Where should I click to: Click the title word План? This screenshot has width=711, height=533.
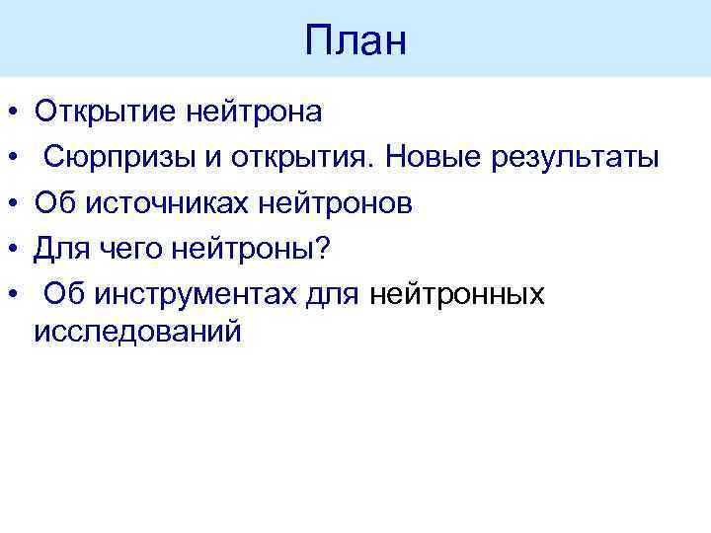point(355,41)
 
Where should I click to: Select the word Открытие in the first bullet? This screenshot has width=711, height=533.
point(107,112)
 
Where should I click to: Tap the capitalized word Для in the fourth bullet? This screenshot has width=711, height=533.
point(62,248)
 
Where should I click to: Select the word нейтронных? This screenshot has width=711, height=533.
point(459,293)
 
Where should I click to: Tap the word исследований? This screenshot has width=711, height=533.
point(136,331)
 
